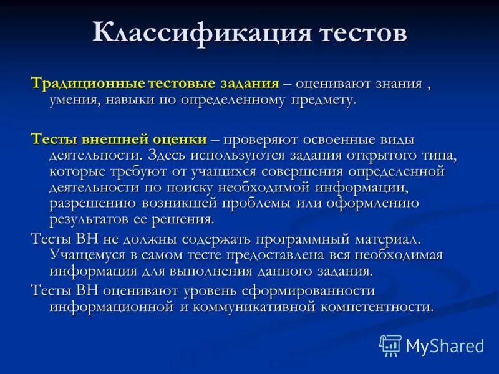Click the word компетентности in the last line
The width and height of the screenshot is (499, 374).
click(x=382, y=307)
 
